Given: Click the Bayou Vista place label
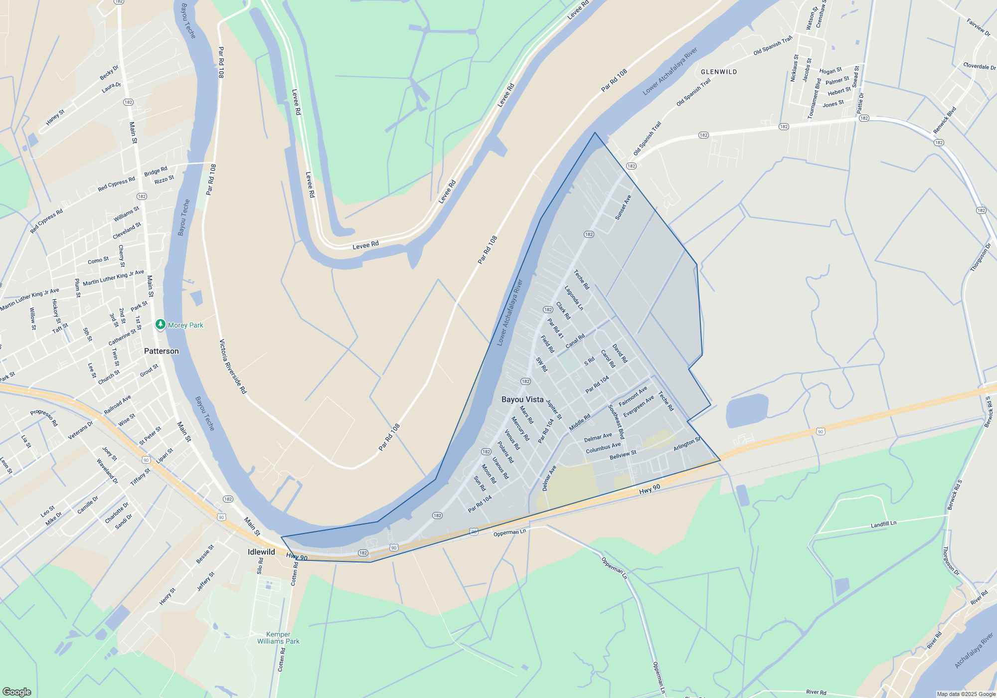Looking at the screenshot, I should coord(522,399).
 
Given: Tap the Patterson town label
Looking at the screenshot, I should coord(161,351).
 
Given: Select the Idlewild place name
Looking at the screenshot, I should coord(261,552).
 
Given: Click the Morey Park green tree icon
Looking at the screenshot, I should coord(160,325).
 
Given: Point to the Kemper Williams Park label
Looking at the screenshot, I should coord(278,638).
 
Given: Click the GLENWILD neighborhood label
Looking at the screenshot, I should coord(719,72).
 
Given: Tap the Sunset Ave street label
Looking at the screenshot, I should coord(623,207).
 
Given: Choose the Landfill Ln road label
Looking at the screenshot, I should coord(883,524).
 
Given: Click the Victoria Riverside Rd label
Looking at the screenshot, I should coord(233,366).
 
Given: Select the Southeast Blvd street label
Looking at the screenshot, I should coord(616,422).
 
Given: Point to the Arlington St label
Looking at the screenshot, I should coord(687,444).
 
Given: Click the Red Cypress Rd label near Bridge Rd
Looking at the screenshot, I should coord(116,184).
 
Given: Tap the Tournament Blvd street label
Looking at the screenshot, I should coord(814,99).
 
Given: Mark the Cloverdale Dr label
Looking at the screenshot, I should coord(979,66).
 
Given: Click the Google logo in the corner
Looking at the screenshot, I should coord(17,692).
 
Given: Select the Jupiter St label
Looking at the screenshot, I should coord(554,409).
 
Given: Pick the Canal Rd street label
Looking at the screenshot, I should coord(575,342).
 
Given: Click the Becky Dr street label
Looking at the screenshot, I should coord(109,72).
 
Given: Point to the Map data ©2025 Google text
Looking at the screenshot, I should coord(966,694).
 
